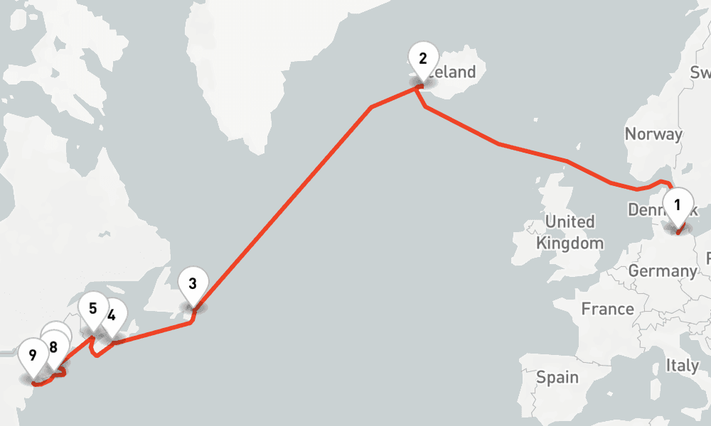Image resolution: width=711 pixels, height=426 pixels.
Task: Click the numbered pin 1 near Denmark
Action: [677, 206]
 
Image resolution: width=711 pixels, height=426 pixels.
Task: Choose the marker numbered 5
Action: [93, 309]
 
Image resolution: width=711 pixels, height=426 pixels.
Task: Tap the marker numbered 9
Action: [33, 353]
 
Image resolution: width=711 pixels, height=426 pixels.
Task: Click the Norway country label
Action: [653, 134]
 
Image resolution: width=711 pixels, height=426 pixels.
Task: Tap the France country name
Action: [607, 309]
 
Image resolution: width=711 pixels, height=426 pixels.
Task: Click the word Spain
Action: [558, 377]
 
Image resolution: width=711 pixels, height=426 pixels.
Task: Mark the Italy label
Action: [682, 366]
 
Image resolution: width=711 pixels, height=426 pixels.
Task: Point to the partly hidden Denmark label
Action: [645, 209]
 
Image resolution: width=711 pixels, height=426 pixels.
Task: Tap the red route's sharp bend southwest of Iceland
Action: [372, 108]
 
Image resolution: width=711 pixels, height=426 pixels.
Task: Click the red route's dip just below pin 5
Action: [97, 354]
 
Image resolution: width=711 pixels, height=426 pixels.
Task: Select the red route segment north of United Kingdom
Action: [533, 152]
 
